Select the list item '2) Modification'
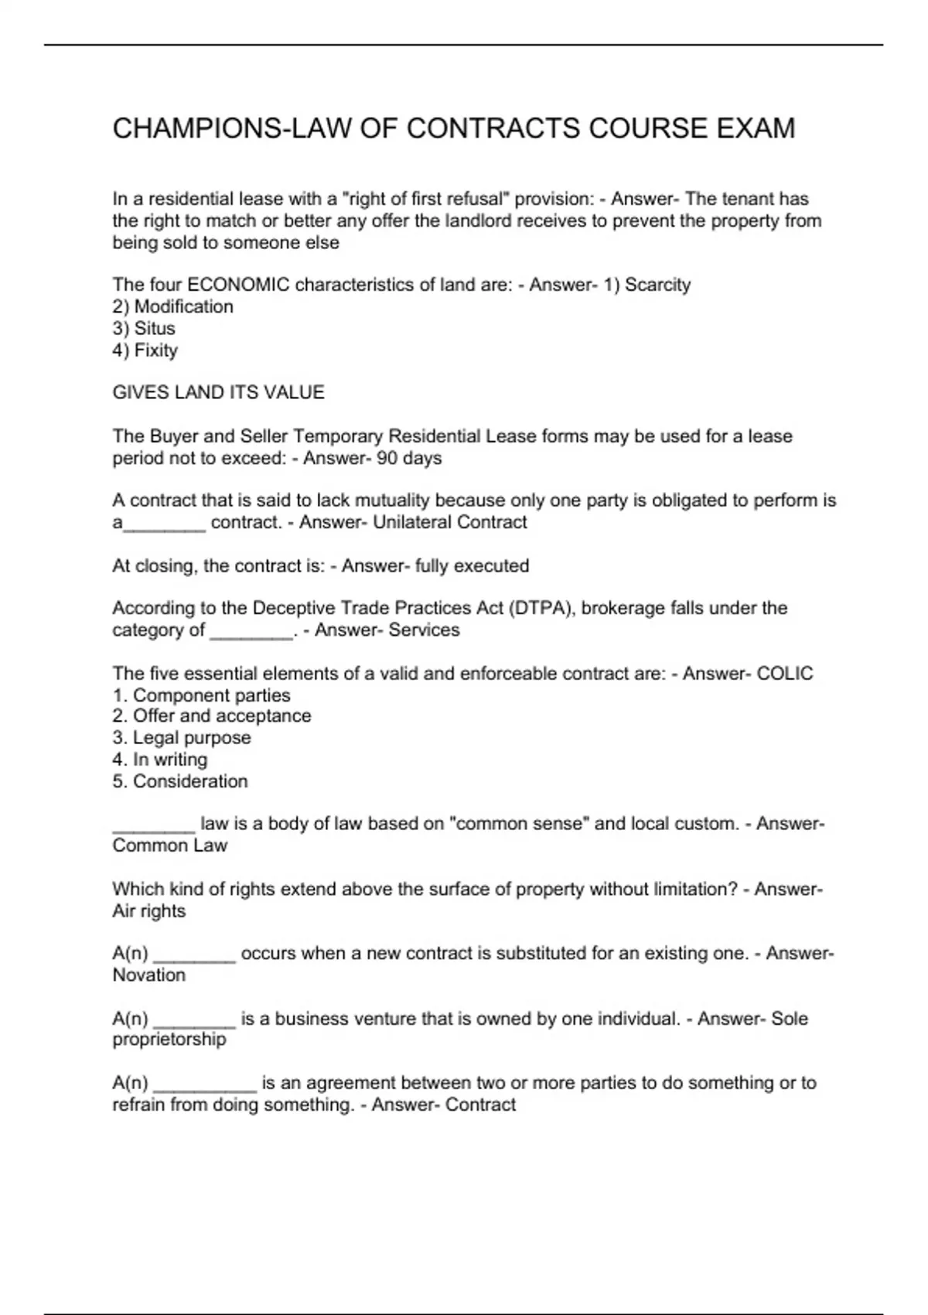pos(172,306)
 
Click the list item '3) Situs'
pos(144,328)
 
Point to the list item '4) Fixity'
pos(145,350)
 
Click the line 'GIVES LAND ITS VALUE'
pos(218,393)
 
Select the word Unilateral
pos(410,522)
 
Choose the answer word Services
pos(424,630)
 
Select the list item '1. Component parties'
pos(201,695)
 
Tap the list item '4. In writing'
pos(159,760)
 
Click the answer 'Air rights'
pos(148,911)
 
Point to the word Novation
pos(148,975)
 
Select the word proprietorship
pos(169,1040)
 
